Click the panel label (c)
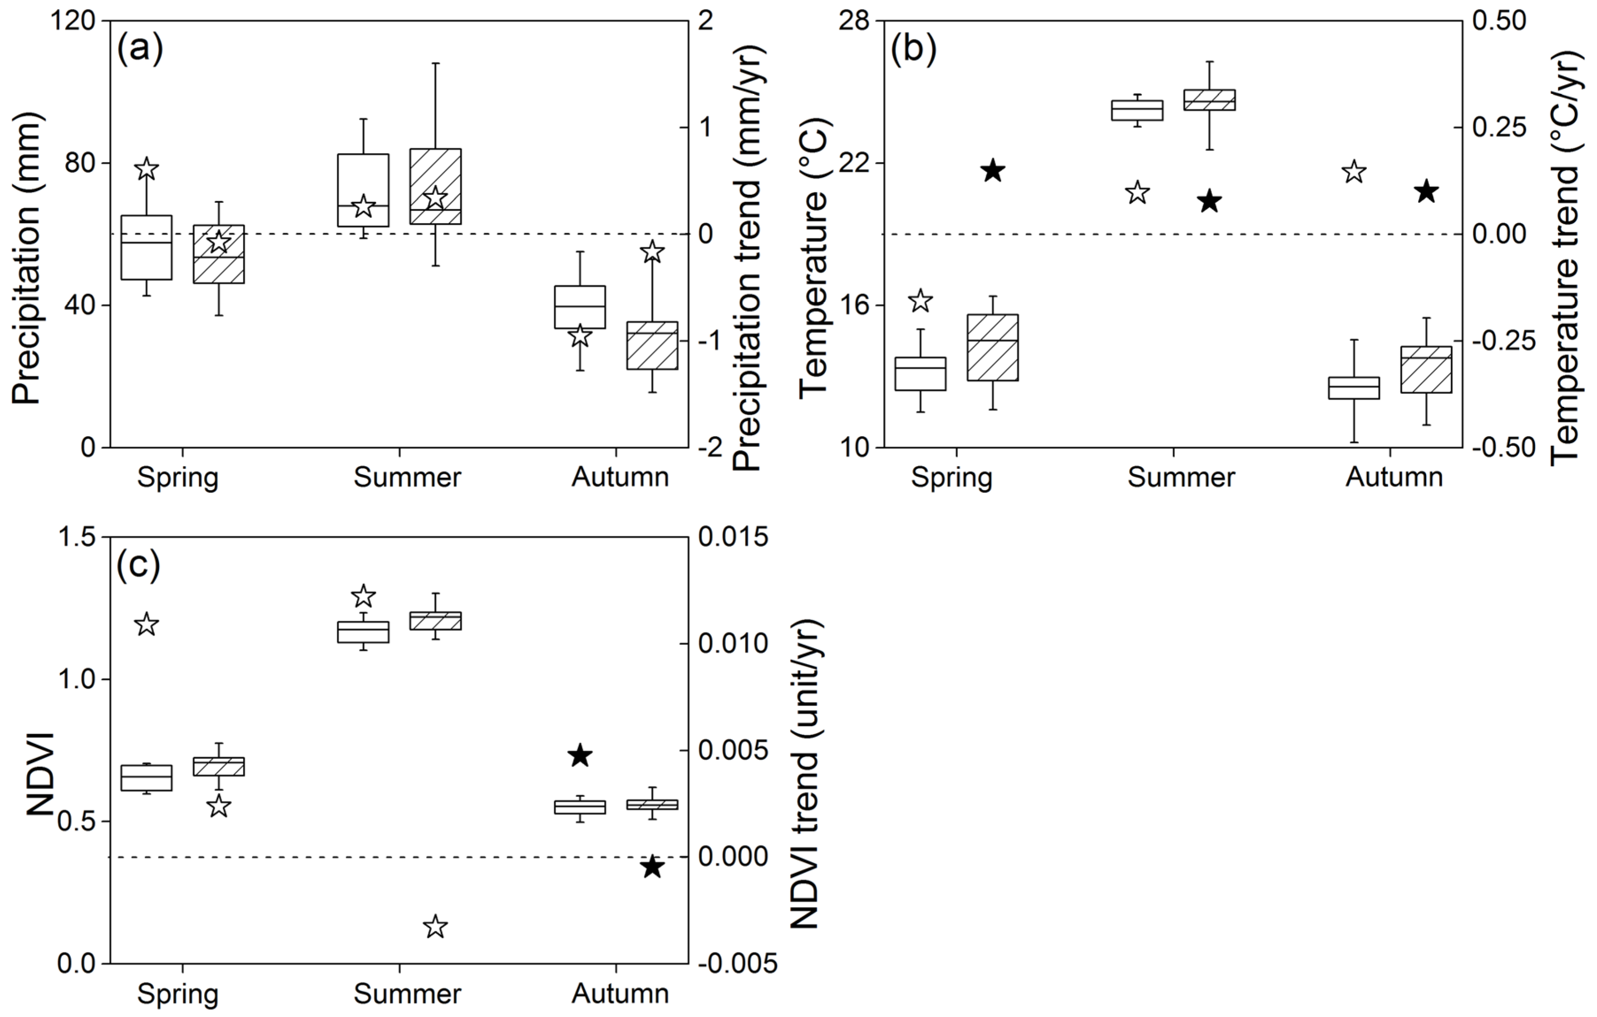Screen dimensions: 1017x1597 pyautogui.click(x=139, y=565)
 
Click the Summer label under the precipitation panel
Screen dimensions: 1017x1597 pyautogui.click(x=407, y=477)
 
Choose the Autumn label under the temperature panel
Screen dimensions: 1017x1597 pyautogui.click(x=1394, y=477)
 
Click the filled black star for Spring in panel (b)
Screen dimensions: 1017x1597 pyautogui.click(x=993, y=170)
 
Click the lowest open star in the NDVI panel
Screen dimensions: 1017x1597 pyautogui.click(x=435, y=926)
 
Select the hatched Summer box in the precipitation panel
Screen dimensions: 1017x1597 pyautogui.click(x=436, y=186)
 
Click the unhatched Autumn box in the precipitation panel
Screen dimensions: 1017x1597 pyautogui.click(x=580, y=307)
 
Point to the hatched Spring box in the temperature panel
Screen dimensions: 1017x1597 pyautogui.click(x=993, y=348)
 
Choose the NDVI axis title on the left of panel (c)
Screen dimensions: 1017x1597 pyautogui.click(x=41, y=773)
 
